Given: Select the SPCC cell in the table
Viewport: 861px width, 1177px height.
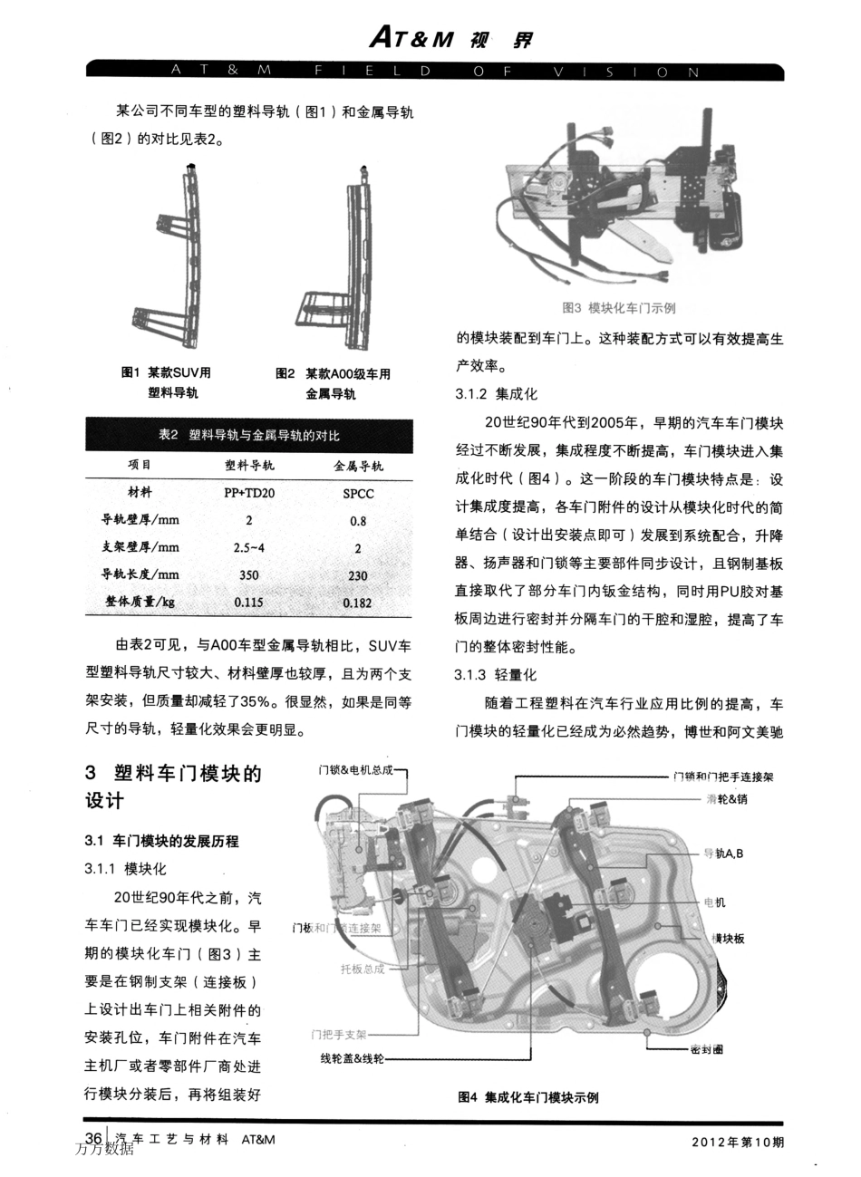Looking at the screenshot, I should click(x=358, y=494).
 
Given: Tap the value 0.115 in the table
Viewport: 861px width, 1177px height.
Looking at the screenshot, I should click(x=249, y=602).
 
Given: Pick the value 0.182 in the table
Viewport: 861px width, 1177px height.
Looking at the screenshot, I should click(x=358, y=603).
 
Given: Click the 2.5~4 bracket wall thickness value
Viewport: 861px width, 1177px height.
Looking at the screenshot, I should click(x=249, y=547).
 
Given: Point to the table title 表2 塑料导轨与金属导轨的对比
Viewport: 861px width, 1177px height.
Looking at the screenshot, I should click(x=249, y=436).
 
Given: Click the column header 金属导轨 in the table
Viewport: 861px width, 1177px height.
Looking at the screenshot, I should click(x=358, y=466).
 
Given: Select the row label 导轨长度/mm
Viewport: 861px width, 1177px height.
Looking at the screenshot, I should click(x=140, y=574).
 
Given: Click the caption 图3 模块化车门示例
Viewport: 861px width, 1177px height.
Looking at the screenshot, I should click(x=619, y=308).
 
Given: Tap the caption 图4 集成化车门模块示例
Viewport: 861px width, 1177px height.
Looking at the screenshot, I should click(x=528, y=1096).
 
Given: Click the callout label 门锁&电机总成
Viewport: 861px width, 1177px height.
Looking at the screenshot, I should click(x=356, y=770).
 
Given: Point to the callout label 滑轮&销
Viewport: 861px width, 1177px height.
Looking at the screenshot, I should click(x=726, y=799).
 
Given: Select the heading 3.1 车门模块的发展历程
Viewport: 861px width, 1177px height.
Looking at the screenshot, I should click(x=161, y=841).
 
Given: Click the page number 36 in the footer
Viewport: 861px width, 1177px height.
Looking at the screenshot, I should click(x=93, y=1138).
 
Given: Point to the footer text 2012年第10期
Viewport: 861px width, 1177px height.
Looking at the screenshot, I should click(x=737, y=1142).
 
